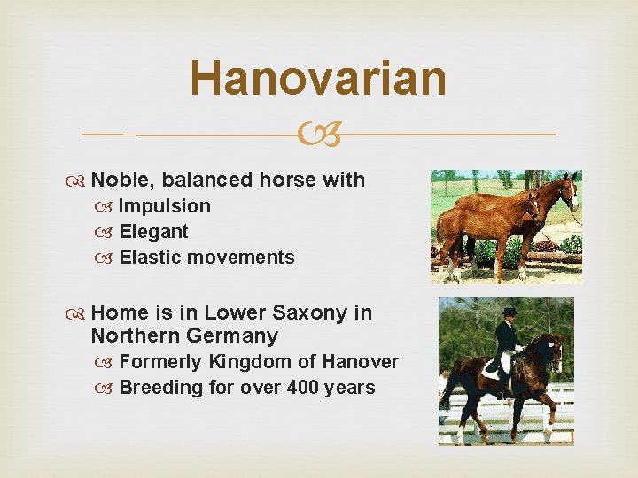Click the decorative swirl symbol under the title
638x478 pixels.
[x=319, y=135]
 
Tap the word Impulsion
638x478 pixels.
[x=165, y=206]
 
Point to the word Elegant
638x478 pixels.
[x=153, y=232]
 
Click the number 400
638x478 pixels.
[x=303, y=388]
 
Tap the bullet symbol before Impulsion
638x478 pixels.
[x=108, y=207]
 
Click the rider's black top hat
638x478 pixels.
[x=509, y=311]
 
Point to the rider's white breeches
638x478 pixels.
[x=508, y=361]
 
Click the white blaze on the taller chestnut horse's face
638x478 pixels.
[x=572, y=189]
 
